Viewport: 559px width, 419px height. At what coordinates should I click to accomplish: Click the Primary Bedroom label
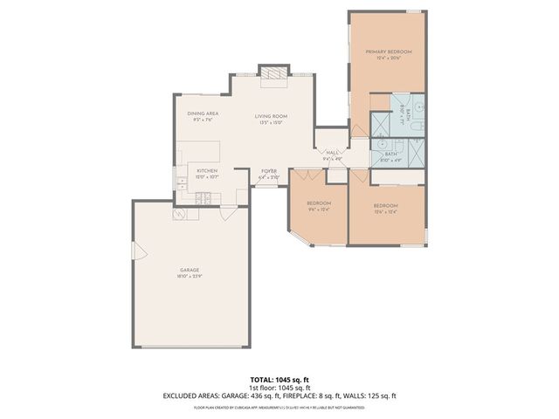point(388,52)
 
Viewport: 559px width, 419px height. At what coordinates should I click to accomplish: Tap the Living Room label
point(271,116)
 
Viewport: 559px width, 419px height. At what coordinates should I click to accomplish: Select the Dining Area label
point(203,113)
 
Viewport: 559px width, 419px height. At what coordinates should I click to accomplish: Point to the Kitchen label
point(206,170)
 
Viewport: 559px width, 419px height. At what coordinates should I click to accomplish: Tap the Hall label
point(332,153)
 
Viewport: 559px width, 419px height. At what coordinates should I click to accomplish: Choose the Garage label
point(190,270)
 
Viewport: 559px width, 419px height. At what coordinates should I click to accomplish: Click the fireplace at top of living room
point(273,75)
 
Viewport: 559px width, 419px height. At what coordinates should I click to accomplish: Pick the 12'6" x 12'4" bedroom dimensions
point(385,211)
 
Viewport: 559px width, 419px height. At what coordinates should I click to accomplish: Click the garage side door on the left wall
point(135,251)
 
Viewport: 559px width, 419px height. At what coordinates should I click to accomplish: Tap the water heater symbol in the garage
point(180,214)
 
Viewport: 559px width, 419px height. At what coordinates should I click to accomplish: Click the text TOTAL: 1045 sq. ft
point(279,380)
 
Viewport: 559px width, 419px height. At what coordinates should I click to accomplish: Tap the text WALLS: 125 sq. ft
point(380,395)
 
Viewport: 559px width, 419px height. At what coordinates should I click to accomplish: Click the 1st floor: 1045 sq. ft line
point(279,388)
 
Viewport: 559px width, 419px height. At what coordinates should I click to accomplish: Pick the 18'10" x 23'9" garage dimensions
point(190,277)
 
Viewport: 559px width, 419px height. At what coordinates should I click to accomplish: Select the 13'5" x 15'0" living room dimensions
point(271,123)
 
